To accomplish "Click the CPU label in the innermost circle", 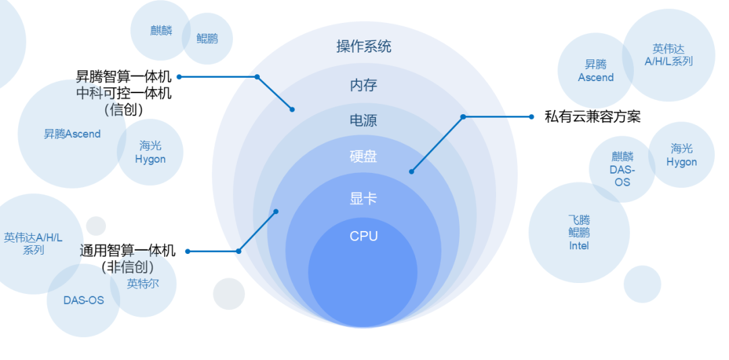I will point(363,236).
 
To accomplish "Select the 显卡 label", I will point(363,199).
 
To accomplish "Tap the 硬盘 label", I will point(363,157).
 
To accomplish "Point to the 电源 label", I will point(363,121).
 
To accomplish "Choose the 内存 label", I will point(363,85).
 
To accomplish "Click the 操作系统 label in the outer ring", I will point(364,47).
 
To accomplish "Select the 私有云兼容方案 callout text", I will point(592,117).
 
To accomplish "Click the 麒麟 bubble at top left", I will point(161,30).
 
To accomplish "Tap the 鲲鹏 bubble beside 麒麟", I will point(207,38).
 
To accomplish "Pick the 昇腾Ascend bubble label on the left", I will point(72,134).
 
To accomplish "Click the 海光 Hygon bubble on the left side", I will point(151,153).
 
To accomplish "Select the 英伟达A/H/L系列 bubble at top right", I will point(668,55).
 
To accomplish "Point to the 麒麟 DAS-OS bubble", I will point(622,170).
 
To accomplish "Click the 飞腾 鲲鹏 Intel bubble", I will point(578,233).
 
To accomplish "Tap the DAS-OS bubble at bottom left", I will point(84,300).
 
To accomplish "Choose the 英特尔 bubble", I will point(143,284).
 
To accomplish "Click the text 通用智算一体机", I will point(128,251).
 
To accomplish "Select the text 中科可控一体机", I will point(124,93).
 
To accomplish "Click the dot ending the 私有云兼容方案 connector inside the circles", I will point(411,172).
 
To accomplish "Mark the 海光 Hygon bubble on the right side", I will point(681,155).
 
